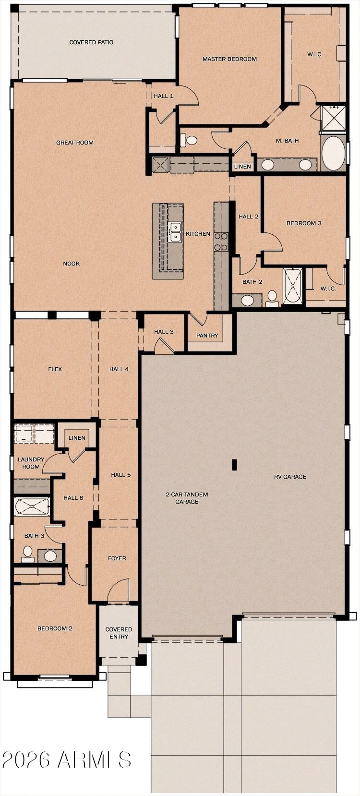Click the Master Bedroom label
229,59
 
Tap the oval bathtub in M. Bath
333,153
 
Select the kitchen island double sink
175,232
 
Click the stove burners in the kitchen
221,241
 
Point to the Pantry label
207,336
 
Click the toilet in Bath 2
273,298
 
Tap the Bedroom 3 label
304,223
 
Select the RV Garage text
290,477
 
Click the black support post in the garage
235,464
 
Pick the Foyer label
117,558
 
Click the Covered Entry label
119,633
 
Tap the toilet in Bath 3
28,554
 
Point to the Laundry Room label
31,463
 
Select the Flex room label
55,369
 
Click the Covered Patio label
91,42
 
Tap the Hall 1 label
163,96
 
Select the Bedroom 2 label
55,628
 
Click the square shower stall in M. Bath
333,118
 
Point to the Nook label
71,264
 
